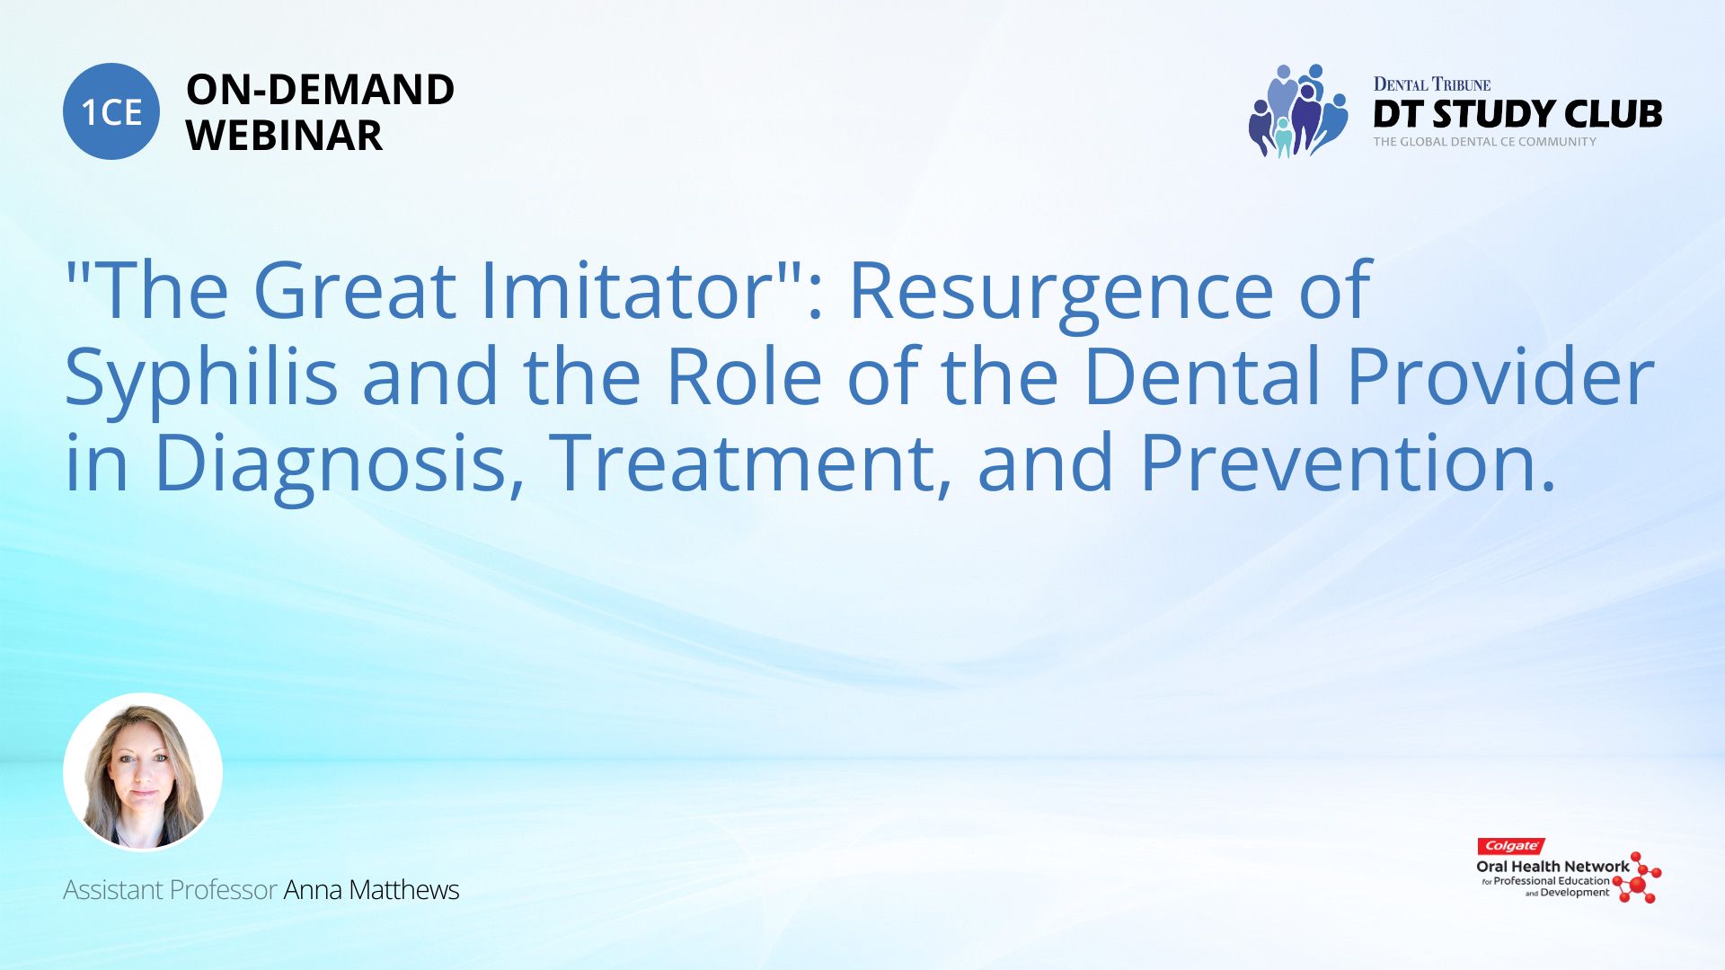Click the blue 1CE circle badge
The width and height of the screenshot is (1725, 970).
pyautogui.click(x=111, y=111)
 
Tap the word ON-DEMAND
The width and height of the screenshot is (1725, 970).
pyautogui.click(x=320, y=90)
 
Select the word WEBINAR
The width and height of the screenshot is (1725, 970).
pyautogui.click(x=284, y=136)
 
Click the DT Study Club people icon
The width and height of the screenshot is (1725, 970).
pyautogui.click(x=1298, y=110)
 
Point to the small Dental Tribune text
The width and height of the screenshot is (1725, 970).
pyautogui.click(x=1432, y=84)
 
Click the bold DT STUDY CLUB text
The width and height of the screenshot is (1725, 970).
pyautogui.click(x=1517, y=114)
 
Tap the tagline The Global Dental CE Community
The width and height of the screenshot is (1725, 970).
pyautogui.click(x=1485, y=142)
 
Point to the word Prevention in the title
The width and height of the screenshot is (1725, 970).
pyautogui.click(x=1348, y=463)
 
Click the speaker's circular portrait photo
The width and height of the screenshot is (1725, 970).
pyautogui.click(x=143, y=772)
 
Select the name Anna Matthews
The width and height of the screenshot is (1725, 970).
pyautogui.click(x=371, y=889)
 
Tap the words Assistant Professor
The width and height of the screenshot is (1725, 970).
pyautogui.click(x=170, y=889)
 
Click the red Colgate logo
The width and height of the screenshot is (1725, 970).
pyautogui.click(x=1511, y=846)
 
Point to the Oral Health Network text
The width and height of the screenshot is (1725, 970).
pyautogui.click(x=1552, y=867)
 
